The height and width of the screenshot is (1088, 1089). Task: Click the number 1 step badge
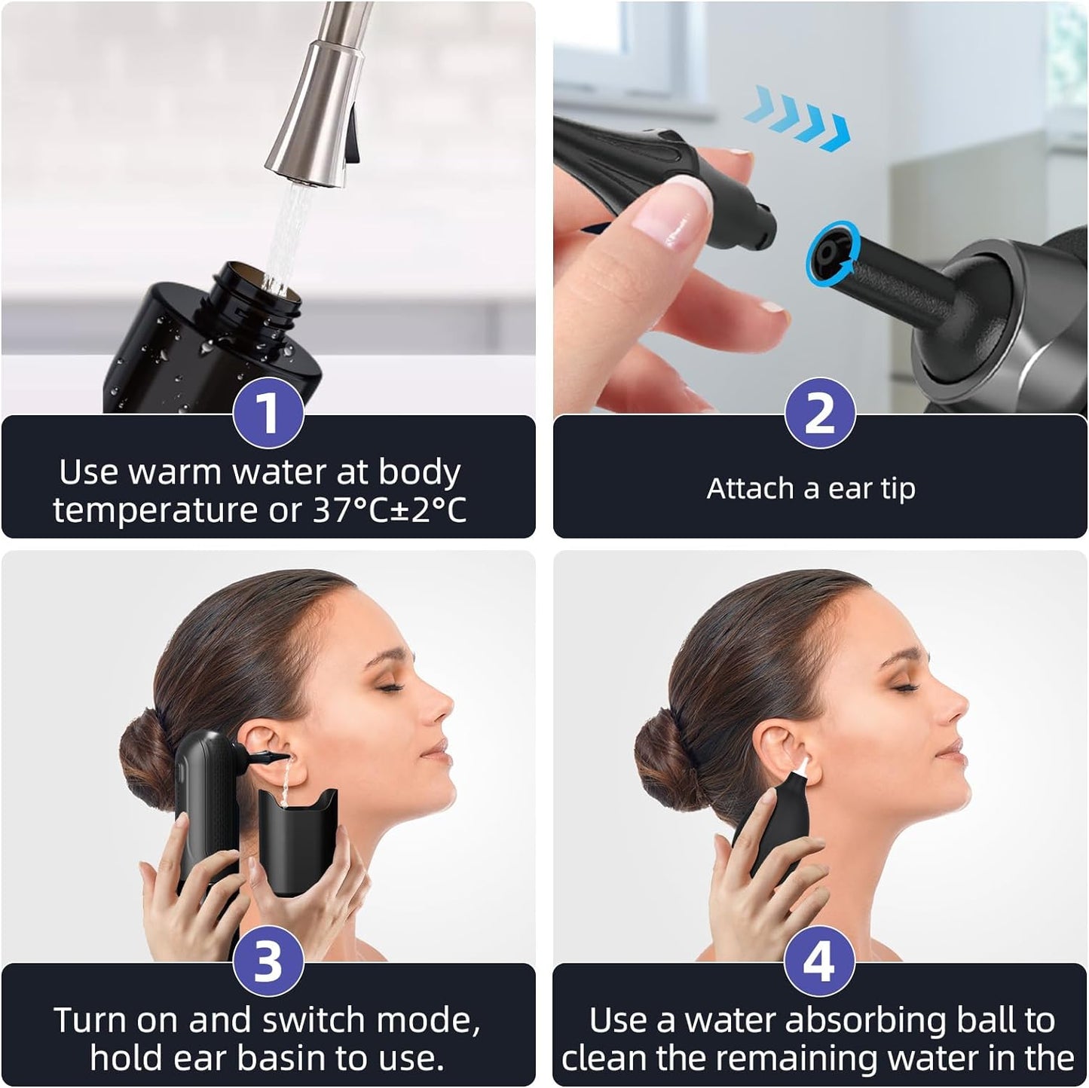[268, 413]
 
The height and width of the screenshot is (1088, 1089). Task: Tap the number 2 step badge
[820, 413]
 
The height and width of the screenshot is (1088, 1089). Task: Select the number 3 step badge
[268, 961]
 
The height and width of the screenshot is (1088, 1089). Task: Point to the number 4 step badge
[820, 961]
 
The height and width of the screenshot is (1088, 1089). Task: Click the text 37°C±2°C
[390, 511]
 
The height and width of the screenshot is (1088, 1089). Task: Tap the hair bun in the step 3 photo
[147, 753]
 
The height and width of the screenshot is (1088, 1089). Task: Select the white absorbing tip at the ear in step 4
[800, 766]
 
